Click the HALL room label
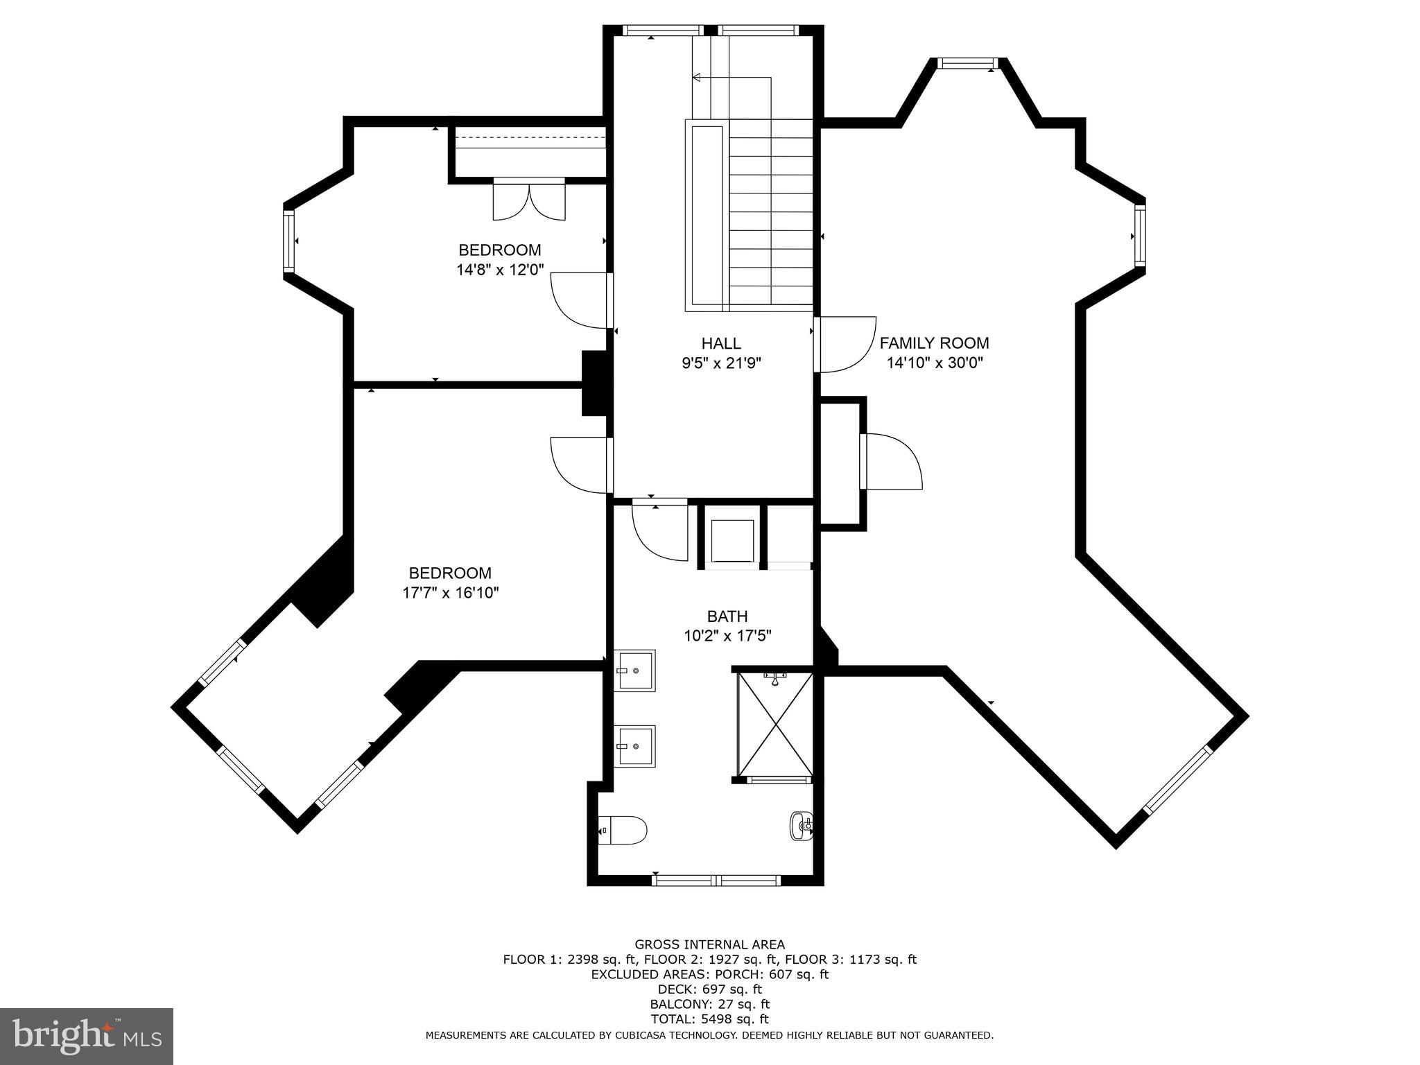721,343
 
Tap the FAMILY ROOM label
934,343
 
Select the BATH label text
727,616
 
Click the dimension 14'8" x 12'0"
499,269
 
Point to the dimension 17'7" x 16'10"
450,593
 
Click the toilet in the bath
623,829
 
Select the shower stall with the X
775,723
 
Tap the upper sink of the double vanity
635,670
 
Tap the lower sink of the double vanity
635,746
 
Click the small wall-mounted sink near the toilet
801,825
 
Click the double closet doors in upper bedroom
528,200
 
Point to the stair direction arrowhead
696,77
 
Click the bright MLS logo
87,1036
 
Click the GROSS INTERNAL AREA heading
709,944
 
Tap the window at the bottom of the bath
717,880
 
